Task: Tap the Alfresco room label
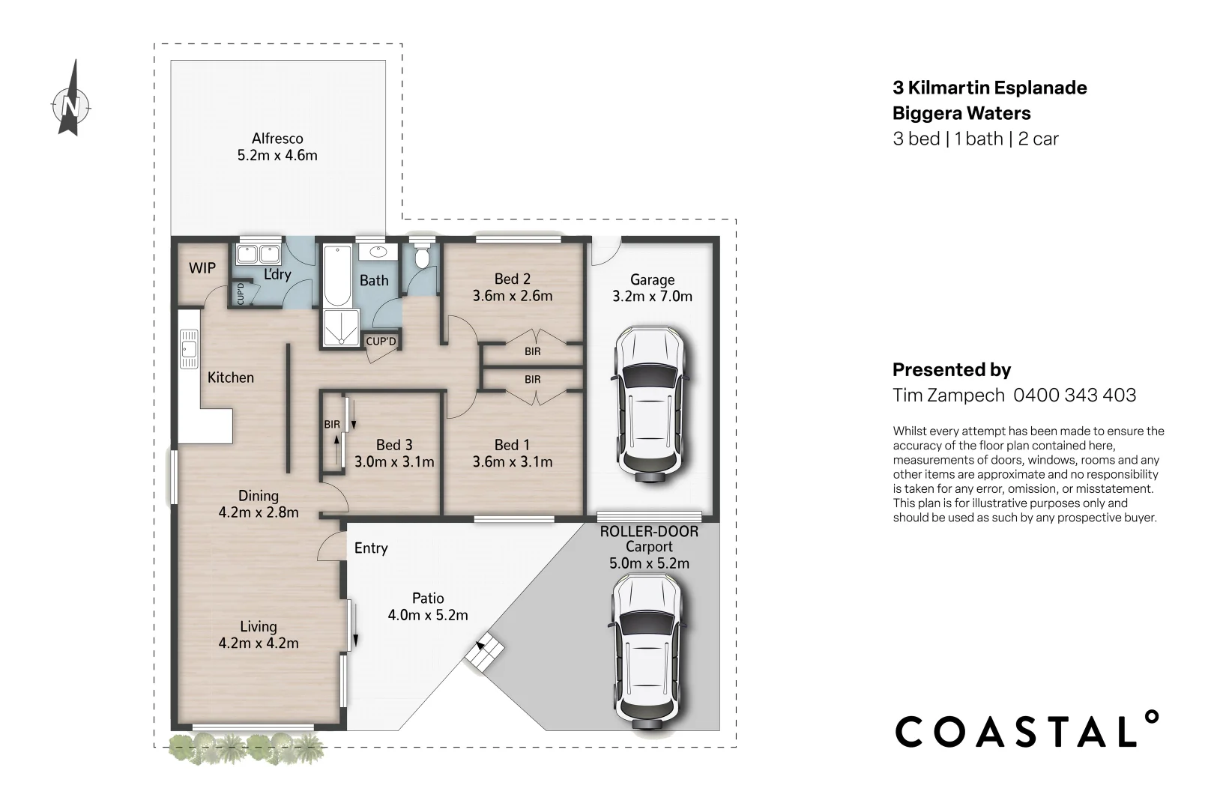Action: coord(277,139)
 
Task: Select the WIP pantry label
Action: coord(202,267)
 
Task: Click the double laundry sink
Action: coord(258,254)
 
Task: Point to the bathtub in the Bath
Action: coord(338,276)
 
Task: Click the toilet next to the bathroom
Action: coord(421,257)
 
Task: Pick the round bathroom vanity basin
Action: coord(378,252)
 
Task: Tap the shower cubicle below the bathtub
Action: coord(342,327)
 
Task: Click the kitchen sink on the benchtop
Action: coord(189,349)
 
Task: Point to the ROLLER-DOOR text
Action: coord(649,532)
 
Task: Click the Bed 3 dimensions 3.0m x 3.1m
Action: coord(394,461)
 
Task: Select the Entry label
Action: coord(371,548)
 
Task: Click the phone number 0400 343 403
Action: coord(1075,395)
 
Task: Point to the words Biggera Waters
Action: coord(961,113)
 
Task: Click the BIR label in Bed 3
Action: coord(332,424)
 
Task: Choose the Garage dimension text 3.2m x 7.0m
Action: coord(653,297)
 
